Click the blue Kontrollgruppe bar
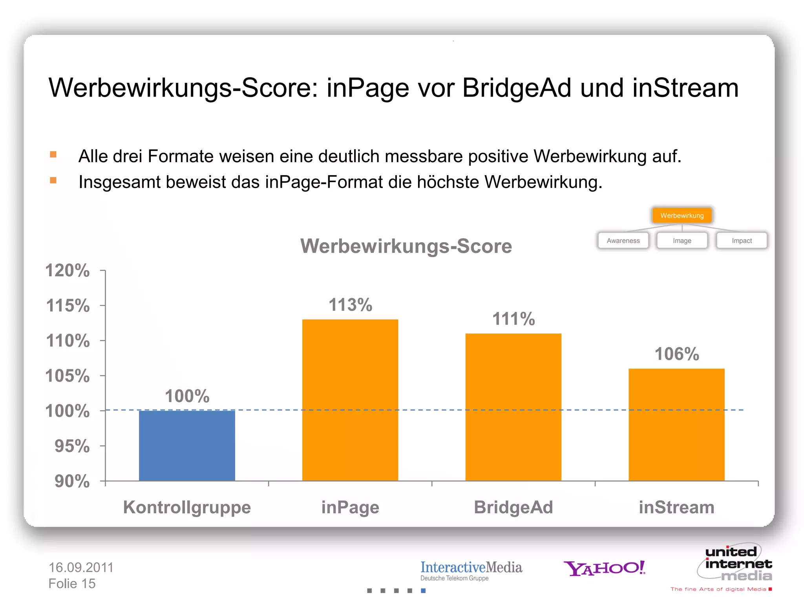pyautogui.click(x=187, y=446)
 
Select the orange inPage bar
pyautogui.click(x=350, y=400)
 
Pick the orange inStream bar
pyautogui.click(x=676, y=424)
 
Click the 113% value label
pyautogui.click(x=350, y=305)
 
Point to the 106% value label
pyautogui.click(x=677, y=354)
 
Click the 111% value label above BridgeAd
pyautogui.click(x=513, y=319)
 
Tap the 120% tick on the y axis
pyautogui.click(x=68, y=270)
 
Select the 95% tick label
pyautogui.click(x=72, y=446)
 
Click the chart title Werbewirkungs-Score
pyautogui.click(x=406, y=246)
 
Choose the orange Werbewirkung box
pyautogui.click(x=682, y=216)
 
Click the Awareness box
pyautogui.click(x=623, y=241)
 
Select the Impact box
pyautogui.click(x=742, y=241)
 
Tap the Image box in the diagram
pyautogui.click(x=682, y=241)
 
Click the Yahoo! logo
pyautogui.click(x=604, y=568)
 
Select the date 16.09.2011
pyautogui.click(x=81, y=567)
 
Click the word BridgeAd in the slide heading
pyautogui.click(x=517, y=88)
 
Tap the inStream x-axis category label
pyautogui.click(x=676, y=507)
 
